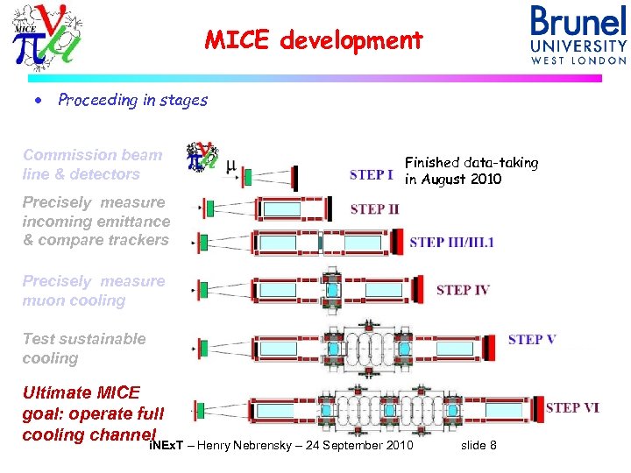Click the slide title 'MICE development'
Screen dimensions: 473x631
tap(314, 40)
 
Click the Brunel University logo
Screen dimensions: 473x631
tap(578, 34)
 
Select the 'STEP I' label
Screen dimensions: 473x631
tap(372, 174)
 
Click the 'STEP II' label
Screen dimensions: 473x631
tap(374, 209)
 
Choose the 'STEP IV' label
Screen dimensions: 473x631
tap(462, 290)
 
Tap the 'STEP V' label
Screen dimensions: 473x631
tap(531, 340)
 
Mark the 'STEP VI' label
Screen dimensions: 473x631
tap(572, 407)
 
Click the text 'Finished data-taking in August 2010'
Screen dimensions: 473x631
tap(471, 171)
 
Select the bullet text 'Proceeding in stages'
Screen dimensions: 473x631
tap(132, 100)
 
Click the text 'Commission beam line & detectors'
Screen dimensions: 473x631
tap(92, 165)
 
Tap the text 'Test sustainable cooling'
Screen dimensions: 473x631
tap(84, 349)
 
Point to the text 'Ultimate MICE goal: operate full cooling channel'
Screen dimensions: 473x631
tap(93, 413)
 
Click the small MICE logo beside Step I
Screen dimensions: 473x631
tap(202, 157)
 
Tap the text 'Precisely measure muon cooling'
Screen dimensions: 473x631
tap(93, 291)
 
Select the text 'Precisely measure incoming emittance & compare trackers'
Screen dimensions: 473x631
tap(95, 221)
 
